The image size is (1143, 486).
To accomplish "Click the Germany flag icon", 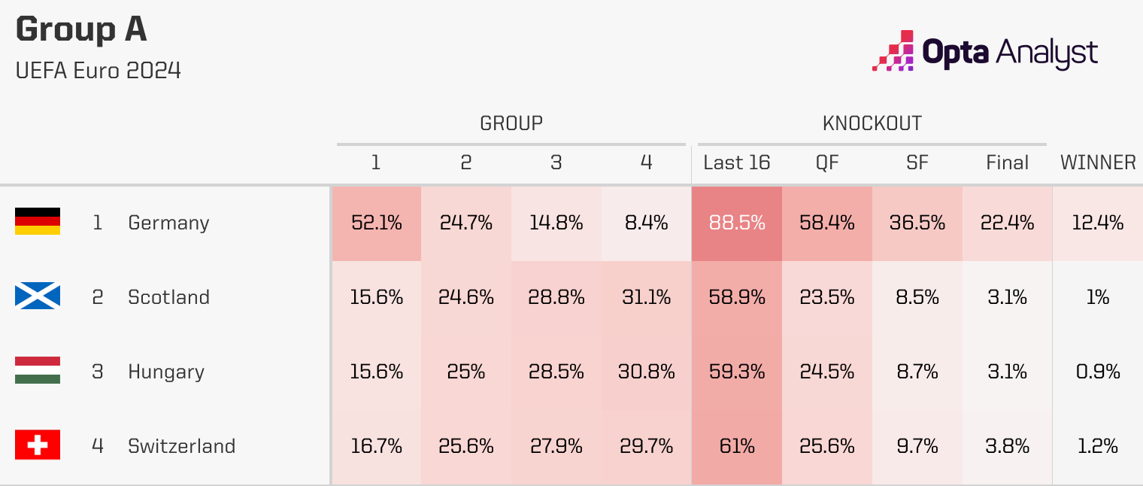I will [x=38, y=222].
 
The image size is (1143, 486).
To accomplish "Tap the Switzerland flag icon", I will [x=38, y=445].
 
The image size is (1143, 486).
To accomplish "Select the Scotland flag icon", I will [x=38, y=296].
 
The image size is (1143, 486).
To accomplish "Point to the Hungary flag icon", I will [x=38, y=371].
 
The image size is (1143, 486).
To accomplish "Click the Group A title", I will [x=81, y=30].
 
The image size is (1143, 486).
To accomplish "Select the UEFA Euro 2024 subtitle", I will [x=98, y=71].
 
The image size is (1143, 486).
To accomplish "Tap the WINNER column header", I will [x=1097, y=163].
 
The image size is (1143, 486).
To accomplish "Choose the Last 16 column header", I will [x=737, y=163].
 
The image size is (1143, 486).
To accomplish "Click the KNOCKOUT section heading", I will [x=872, y=123].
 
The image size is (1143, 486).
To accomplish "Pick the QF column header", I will [x=827, y=163].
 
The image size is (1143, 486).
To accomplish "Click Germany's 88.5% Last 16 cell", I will [x=737, y=223].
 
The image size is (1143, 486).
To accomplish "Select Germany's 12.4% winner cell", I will [x=1097, y=223].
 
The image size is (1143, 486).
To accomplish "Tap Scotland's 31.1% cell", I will [x=647, y=297].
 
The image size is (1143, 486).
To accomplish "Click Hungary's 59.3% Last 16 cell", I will [x=737, y=372].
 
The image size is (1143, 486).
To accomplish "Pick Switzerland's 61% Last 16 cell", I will [x=737, y=446].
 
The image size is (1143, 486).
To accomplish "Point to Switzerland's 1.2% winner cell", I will [x=1097, y=446].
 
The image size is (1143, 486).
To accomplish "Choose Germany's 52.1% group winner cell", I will [x=376, y=223].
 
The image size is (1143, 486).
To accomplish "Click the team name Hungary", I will [x=166, y=372].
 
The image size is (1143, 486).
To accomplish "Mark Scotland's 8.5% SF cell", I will [x=917, y=297].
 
